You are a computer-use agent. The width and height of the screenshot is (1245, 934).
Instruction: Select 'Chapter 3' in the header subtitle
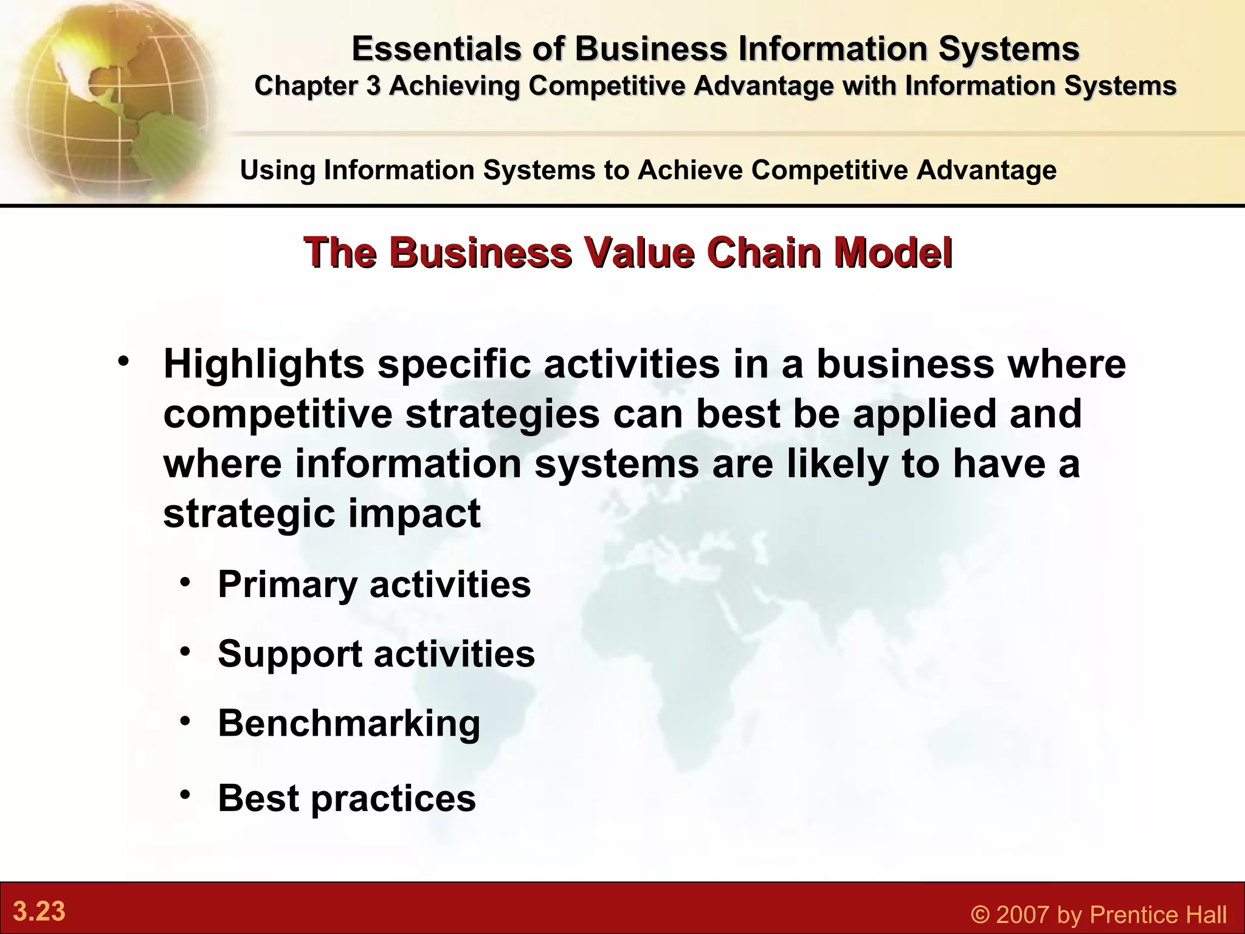click(317, 86)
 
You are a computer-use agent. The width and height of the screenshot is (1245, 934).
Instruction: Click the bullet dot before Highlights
click(124, 361)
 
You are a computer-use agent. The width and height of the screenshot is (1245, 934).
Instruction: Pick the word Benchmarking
click(349, 723)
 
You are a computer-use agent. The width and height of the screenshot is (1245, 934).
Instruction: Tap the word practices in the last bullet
click(393, 798)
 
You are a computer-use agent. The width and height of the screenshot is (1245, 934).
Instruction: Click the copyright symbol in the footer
click(981, 915)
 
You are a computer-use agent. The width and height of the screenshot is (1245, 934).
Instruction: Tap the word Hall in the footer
click(1204, 915)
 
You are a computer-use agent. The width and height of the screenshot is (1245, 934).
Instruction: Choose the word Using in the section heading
click(277, 170)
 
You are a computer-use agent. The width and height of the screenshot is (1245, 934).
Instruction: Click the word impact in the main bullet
click(414, 513)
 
